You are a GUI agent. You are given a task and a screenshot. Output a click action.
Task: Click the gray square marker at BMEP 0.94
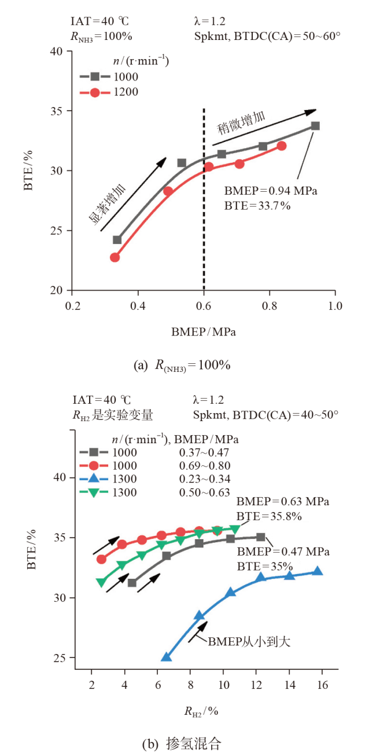tap(315, 126)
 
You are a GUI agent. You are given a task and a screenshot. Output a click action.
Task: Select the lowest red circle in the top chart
tap(115, 257)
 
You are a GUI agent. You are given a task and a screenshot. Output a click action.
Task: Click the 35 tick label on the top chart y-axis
tap(56, 111)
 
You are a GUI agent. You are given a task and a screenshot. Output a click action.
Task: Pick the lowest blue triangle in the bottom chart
tap(167, 657)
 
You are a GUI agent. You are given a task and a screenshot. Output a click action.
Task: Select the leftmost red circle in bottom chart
tap(101, 559)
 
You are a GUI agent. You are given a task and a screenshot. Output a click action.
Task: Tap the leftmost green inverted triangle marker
tap(101, 583)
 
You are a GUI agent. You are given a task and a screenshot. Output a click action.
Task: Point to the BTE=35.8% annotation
tap(269, 516)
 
